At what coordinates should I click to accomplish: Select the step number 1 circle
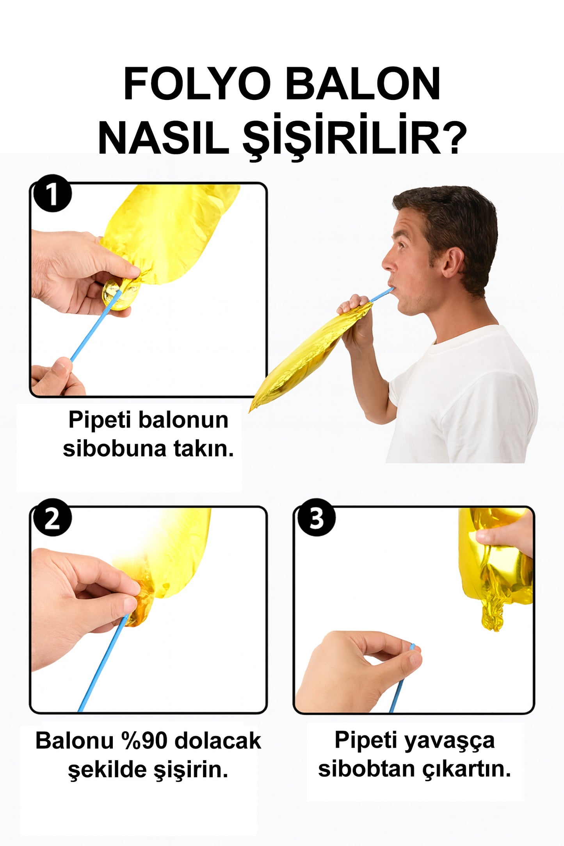point(52,193)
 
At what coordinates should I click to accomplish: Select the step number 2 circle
point(52,517)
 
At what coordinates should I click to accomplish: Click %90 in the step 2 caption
point(144,740)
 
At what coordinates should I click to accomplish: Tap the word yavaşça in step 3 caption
point(449,740)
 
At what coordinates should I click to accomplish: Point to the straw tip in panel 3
point(412,647)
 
